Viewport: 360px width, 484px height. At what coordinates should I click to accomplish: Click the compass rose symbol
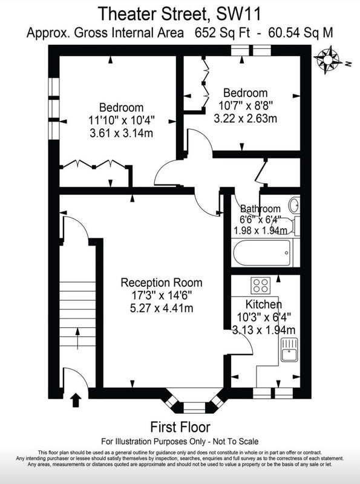pos(327,60)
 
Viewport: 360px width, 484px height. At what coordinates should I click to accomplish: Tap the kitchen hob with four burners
pos(260,285)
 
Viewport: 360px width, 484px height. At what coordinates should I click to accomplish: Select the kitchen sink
pos(289,350)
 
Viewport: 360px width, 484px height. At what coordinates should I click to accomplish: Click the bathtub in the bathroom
pos(262,252)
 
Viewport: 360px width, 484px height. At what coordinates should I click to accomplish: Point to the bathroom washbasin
pos(294,205)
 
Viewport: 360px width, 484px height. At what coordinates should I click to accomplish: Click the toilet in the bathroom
pos(288,226)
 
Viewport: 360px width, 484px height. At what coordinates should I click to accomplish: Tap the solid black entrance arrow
pos(76,400)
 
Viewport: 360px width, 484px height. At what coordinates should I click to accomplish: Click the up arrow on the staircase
pos(77,339)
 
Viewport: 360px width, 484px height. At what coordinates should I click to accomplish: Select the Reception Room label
pos(162,283)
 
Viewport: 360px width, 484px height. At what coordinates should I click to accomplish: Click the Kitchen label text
pos(263,304)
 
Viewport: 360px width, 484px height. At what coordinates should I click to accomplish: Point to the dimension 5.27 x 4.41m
pos(162,309)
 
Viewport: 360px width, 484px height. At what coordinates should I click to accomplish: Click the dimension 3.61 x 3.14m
pos(122,133)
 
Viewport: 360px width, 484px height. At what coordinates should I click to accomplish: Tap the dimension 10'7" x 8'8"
pos(246,106)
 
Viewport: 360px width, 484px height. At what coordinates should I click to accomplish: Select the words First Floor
pos(180,427)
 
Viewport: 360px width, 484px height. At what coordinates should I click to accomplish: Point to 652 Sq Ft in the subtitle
pos(223,33)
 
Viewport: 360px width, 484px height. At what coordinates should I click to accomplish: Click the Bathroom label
pos(260,209)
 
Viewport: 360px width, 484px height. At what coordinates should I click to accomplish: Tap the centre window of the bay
pos(194,407)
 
